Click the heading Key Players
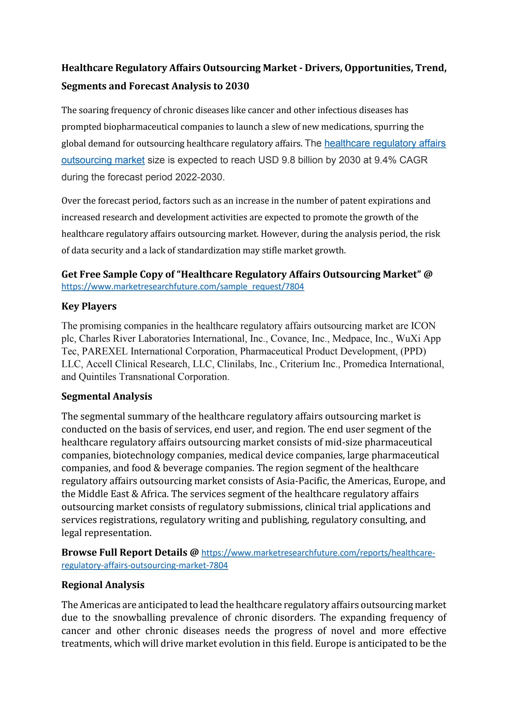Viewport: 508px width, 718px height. click(89, 306)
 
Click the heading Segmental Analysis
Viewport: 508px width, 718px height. click(107, 396)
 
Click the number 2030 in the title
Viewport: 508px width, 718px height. click(237, 86)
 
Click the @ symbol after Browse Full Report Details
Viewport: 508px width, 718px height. click(194, 552)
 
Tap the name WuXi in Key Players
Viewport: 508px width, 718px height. click(406, 338)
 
